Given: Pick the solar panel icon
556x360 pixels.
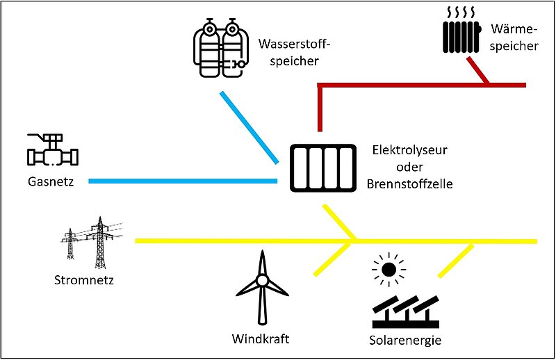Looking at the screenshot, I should pyautogui.click(x=407, y=313).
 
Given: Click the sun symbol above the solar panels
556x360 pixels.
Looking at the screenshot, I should pyautogui.click(x=388, y=269).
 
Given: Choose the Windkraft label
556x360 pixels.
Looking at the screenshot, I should pyautogui.click(x=261, y=339).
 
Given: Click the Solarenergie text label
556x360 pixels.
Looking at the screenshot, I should pyautogui.click(x=405, y=341).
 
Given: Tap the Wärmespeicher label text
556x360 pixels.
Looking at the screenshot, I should pyautogui.click(x=514, y=38).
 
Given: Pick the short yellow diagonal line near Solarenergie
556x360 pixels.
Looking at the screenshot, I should pyautogui.click(x=456, y=261).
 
